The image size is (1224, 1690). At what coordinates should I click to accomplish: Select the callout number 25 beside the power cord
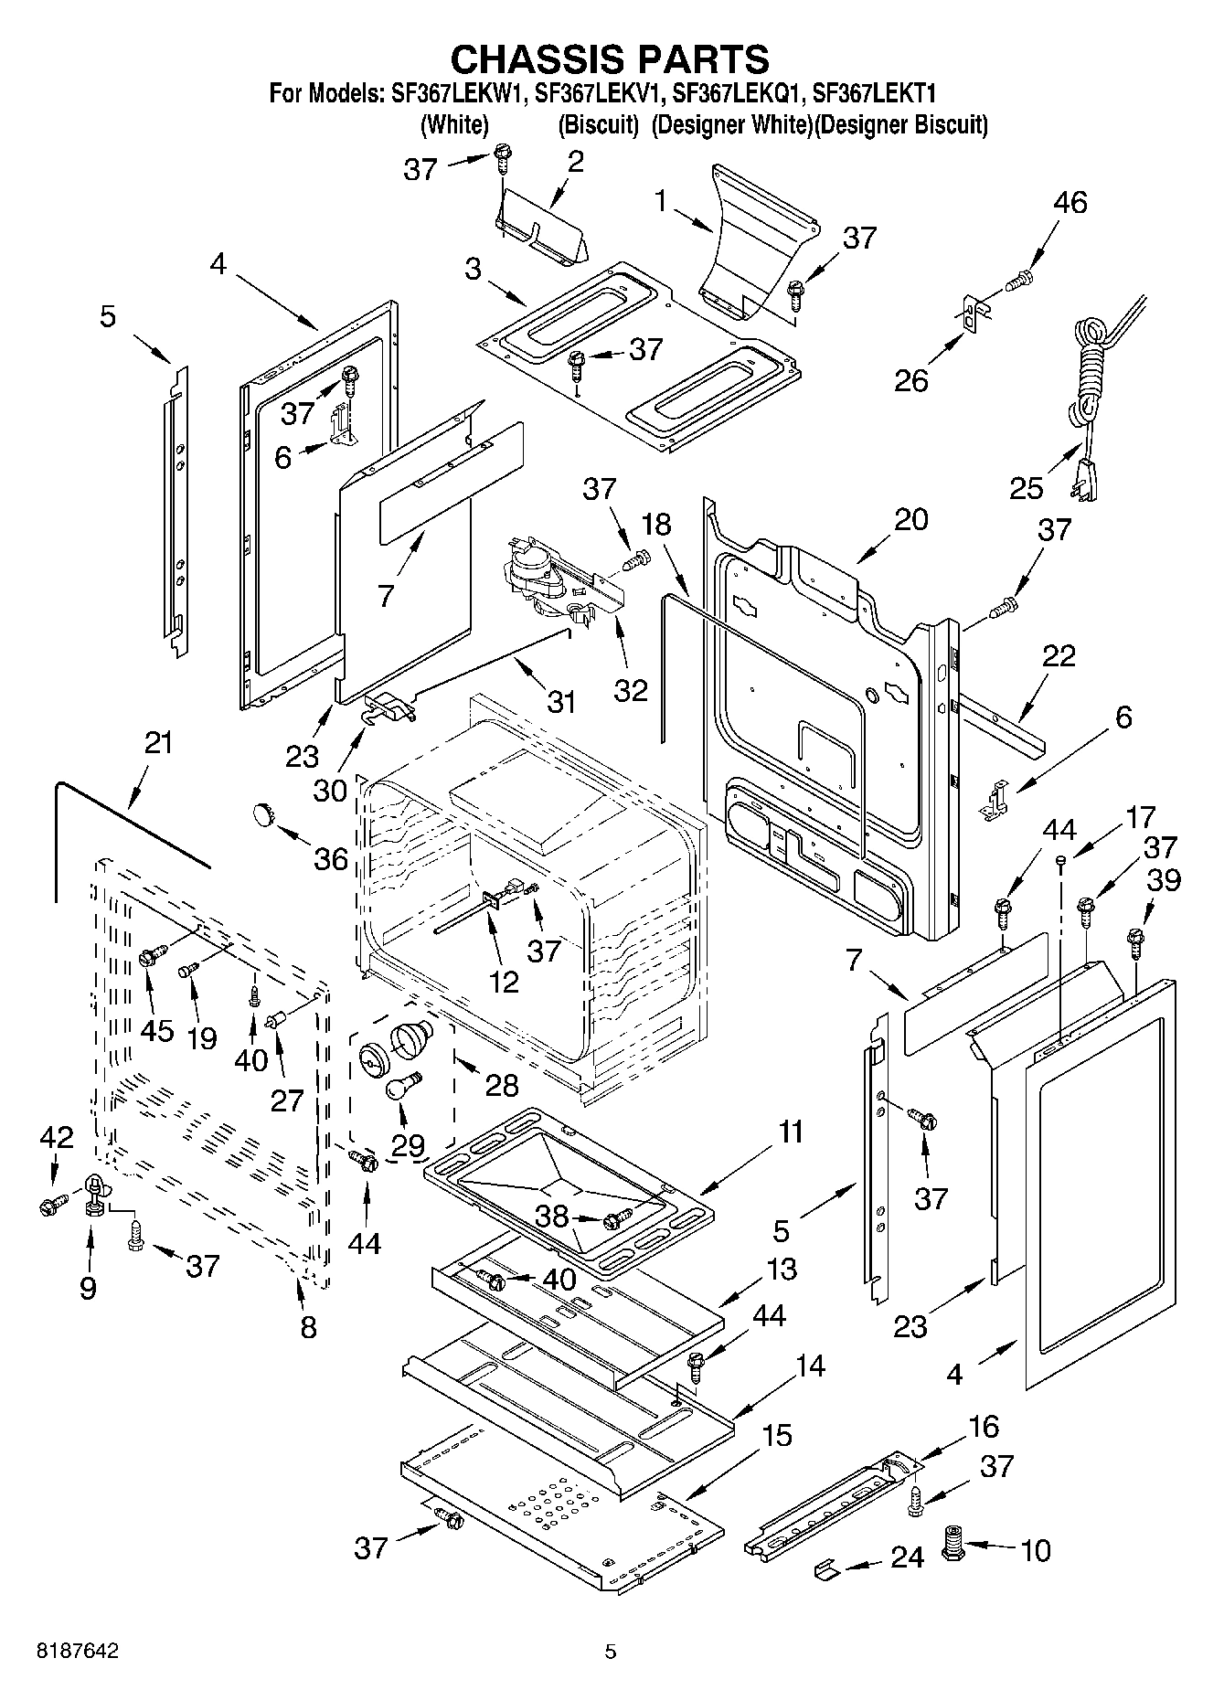[x=1026, y=488]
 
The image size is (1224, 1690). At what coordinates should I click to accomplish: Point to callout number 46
[x=1070, y=202]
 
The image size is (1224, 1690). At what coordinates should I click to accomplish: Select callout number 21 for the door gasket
[x=158, y=742]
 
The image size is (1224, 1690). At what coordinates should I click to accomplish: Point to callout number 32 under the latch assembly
[x=631, y=689]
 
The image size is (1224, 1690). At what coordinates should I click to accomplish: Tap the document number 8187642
[x=77, y=1651]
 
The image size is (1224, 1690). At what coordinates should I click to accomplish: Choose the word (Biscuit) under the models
[x=598, y=124]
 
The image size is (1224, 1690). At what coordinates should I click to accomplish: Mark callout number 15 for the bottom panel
[x=776, y=1435]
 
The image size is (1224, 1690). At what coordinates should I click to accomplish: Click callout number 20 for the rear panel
[x=910, y=519]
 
